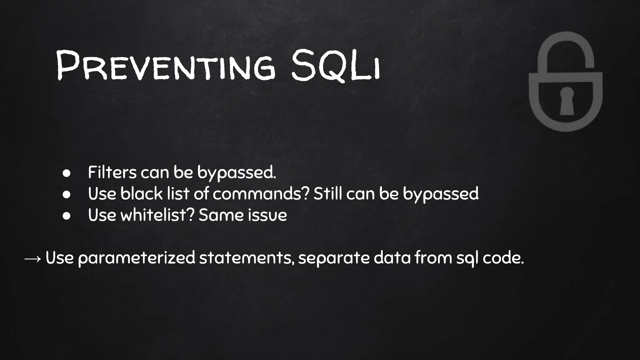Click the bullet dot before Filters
click(x=66, y=173)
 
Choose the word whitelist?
click(x=158, y=215)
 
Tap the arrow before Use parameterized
click(x=32, y=258)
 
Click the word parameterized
click(x=137, y=258)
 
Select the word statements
click(x=246, y=258)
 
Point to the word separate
click(x=334, y=258)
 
